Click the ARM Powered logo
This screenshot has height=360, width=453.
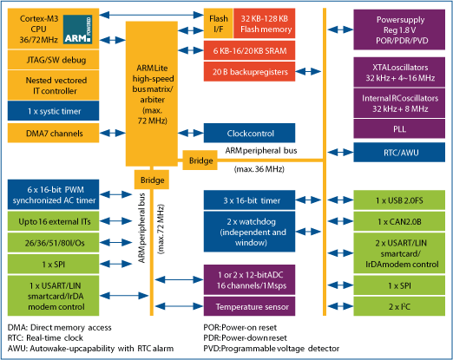pos(77,29)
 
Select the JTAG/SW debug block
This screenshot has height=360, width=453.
pos(53,60)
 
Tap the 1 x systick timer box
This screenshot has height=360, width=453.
pos(53,111)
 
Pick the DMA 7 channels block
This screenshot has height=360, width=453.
pos(53,133)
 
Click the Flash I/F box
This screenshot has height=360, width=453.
pos(218,23)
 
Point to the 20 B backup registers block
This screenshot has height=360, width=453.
pos(249,71)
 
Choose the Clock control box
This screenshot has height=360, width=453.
pos(249,133)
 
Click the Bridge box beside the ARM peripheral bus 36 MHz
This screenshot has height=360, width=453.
pos(200,160)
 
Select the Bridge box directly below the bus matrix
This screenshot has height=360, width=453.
pos(152,180)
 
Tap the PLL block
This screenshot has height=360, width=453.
pos(399,128)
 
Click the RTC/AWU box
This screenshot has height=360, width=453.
pos(399,152)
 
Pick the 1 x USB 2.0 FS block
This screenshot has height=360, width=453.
pos(399,200)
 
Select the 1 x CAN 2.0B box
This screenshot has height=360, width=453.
pos(399,221)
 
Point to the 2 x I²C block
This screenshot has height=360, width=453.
pos(399,306)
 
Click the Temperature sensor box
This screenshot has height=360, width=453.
pos(249,306)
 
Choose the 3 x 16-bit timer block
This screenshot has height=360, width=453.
pos(249,200)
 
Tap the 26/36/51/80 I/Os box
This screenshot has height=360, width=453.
pos(53,243)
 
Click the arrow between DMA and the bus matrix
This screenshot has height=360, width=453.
pos(113,133)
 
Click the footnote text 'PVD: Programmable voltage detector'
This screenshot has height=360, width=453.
pos(272,349)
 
